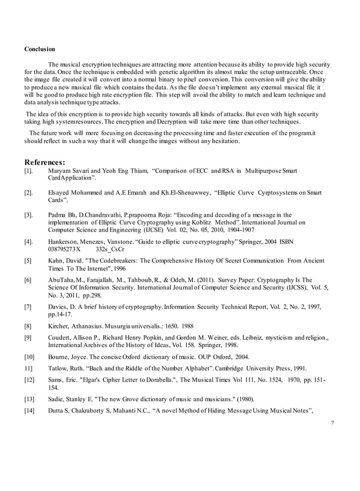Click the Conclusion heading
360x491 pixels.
(x=39, y=49)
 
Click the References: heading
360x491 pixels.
(x=45, y=162)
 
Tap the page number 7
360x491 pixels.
(x=333, y=423)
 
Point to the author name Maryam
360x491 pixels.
(x=60, y=170)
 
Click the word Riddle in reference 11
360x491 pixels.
(x=133, y=368)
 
